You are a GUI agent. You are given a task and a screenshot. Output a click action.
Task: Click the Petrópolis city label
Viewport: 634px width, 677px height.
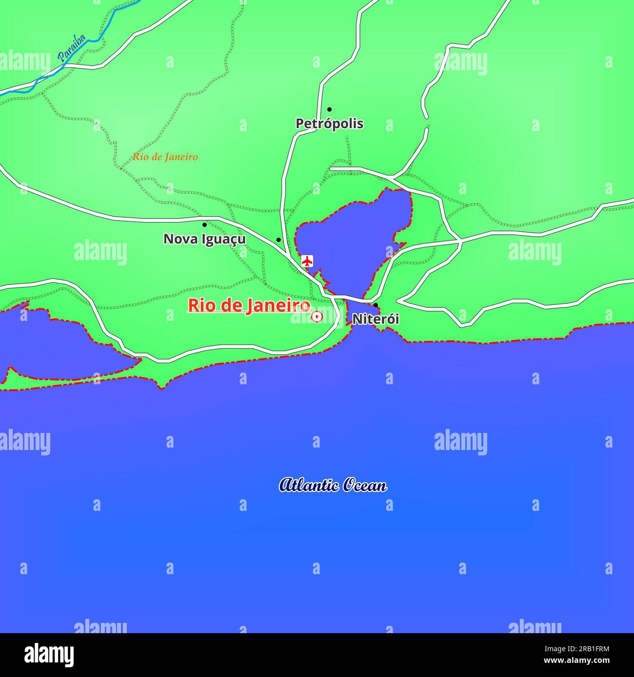coord(329,124)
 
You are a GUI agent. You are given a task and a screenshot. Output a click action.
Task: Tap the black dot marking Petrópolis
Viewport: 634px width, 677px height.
coord(329,109)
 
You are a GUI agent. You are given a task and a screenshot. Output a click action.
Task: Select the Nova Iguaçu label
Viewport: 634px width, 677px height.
coord(204,239)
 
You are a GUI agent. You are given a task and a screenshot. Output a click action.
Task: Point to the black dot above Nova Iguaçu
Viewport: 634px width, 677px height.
coord(204,225)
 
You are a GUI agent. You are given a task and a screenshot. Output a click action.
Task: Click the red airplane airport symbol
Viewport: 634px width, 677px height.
coord(307,261)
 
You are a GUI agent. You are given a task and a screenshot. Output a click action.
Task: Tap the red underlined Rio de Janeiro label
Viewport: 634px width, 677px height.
coord(249,306)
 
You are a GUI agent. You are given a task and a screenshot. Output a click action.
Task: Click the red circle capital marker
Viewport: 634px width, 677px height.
coord(317,317)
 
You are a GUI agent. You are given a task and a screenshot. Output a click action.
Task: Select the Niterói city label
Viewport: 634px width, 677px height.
coord(376,320)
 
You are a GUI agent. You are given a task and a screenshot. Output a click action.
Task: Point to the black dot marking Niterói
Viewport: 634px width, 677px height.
coord(376,305)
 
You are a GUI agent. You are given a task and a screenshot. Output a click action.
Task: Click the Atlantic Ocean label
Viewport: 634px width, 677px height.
coord(333,485)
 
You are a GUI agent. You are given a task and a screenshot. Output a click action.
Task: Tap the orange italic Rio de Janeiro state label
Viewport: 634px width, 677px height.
coord(165,157)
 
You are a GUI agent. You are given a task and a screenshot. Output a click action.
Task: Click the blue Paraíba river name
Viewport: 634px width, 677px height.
coord(72,48)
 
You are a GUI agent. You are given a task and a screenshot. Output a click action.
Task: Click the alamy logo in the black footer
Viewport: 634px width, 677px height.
coord(49,655)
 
